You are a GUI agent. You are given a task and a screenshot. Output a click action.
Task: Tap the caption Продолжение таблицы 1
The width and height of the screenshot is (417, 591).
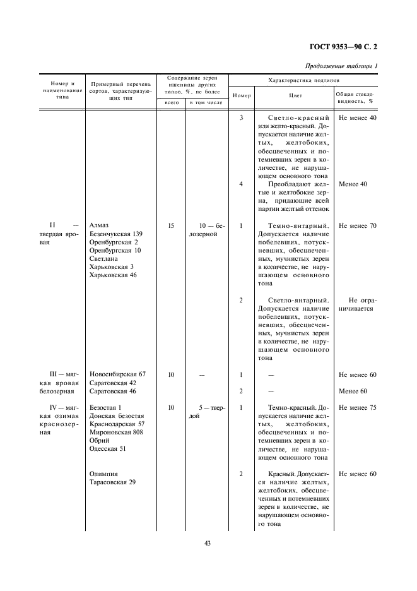click(341, 66)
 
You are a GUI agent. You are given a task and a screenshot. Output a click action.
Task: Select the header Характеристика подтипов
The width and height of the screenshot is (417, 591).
click(303, 81)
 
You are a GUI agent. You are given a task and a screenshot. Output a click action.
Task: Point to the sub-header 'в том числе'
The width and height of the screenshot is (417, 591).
click(206, 102)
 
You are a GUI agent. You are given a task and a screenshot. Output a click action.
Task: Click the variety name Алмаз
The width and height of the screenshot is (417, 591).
click(99, 225)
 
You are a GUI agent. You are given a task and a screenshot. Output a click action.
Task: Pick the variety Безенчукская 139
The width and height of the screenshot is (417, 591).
click(116, 234)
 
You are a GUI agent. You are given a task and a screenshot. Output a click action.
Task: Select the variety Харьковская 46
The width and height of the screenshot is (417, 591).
click(113, 275)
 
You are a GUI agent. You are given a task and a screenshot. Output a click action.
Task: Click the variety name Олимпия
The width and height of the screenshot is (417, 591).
click(103, 474)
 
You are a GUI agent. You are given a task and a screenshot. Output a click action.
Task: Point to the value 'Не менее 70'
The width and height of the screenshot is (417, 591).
click(357, 225)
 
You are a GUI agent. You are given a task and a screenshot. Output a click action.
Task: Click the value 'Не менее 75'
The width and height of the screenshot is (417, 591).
click(357, 408)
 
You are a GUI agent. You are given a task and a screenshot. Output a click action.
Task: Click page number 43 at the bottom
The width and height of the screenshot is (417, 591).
click(208, 543)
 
